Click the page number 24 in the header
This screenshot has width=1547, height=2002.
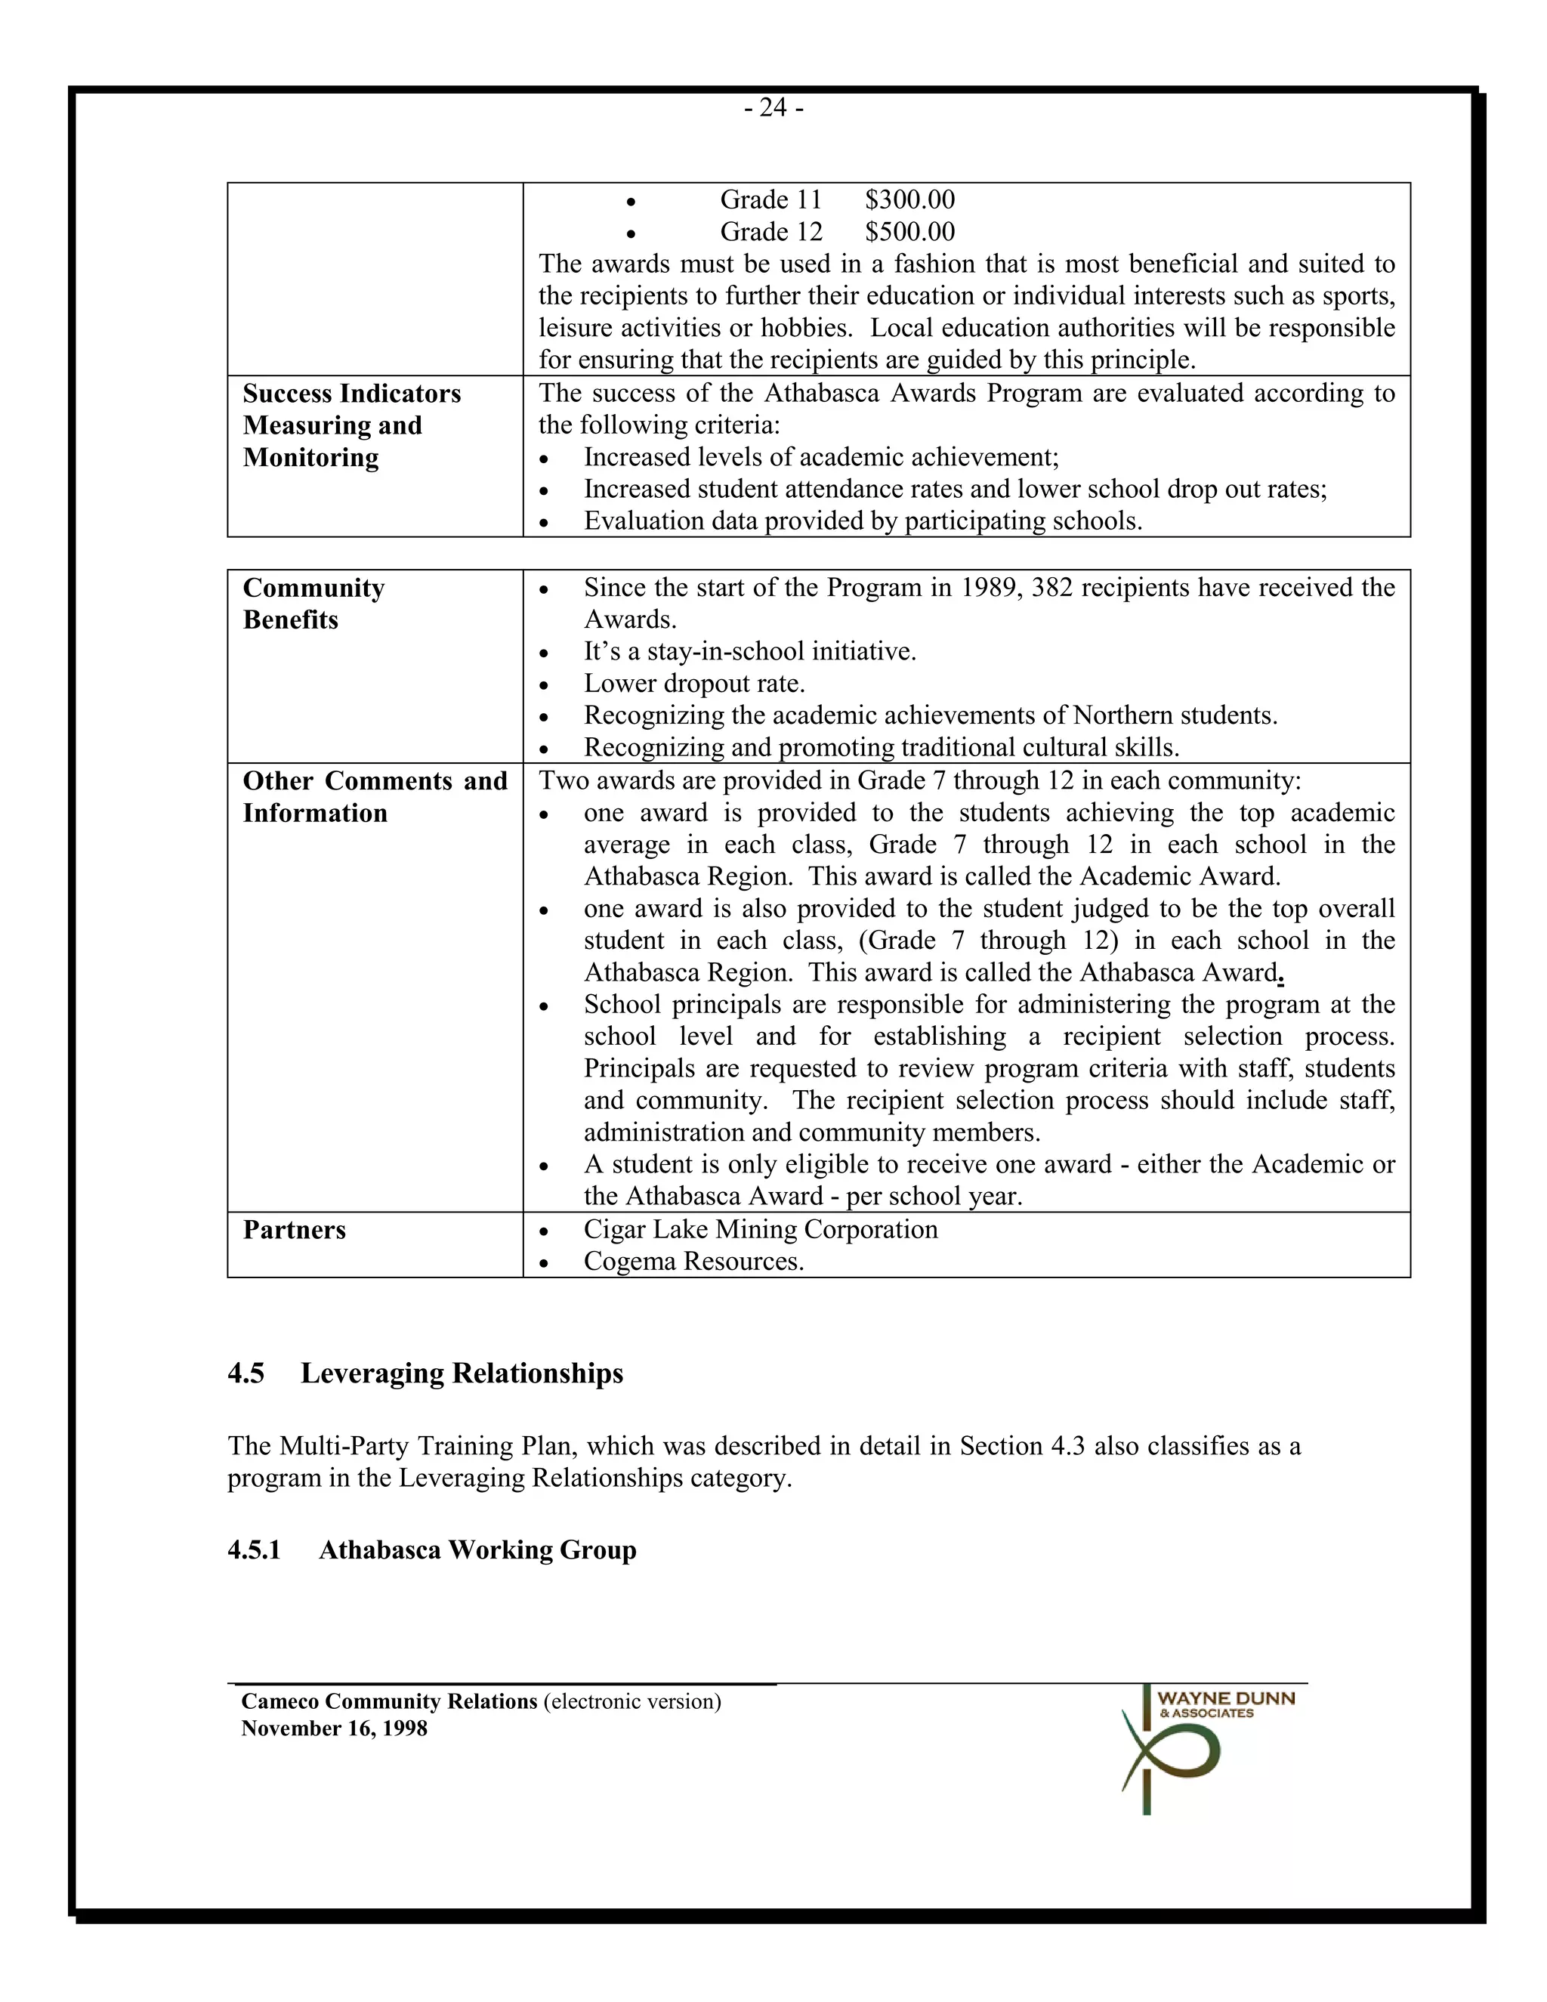coord(773,108)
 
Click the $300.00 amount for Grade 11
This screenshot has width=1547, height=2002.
coord(909,200)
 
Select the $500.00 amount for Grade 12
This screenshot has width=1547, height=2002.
coord(909,232)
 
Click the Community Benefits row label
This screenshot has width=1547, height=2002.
coord(313,603)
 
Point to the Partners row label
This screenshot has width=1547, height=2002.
coord(294,1230)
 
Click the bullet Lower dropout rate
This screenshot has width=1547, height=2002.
coord(693,684)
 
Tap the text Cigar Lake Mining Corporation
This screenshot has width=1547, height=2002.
coord(760,1229)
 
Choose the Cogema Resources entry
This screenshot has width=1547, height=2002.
coord(693,1262)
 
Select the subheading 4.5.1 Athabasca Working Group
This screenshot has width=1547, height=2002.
coord(431,1550)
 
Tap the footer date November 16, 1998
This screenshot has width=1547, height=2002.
coord(334,1729)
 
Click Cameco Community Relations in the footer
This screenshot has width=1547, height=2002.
coord(390,1701)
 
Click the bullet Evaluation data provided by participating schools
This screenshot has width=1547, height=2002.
coord(863,521)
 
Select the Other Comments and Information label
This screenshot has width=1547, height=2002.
coord(374,796)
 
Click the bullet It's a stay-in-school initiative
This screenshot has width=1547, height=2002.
coord(749,652)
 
